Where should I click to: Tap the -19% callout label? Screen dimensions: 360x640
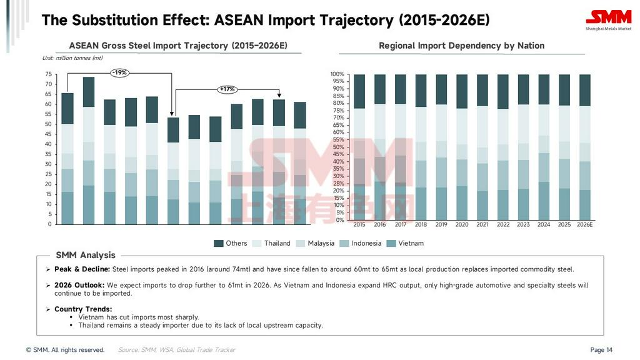[x=119, y=72]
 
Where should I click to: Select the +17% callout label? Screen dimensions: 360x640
[x=227, y=89]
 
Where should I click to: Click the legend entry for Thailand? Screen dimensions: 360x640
[x=272, y=243]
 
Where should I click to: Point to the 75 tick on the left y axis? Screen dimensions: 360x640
[x=48, y=74]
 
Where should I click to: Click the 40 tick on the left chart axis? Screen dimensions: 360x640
[x=48, y=144]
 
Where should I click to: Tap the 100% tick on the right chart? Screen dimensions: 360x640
[x=337, y=74]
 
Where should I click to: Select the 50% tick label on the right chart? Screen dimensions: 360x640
[x=337, y=147]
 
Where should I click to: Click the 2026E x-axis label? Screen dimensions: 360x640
[x=584, y=224]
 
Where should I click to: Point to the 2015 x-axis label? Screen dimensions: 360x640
[x=359, y=224]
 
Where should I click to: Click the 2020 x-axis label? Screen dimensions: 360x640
[x=462, y=224]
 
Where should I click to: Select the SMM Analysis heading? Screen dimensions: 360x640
[x=86, y=255]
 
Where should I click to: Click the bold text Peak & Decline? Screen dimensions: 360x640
[x=82, y=269]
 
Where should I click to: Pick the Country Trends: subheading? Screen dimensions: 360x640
[x=83, y=309]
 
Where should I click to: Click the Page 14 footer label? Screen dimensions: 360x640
[x=601, y=350]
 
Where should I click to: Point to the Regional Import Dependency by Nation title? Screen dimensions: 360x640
[x=461, y=46]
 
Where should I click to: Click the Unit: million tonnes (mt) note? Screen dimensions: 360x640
[x=72, y=58]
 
